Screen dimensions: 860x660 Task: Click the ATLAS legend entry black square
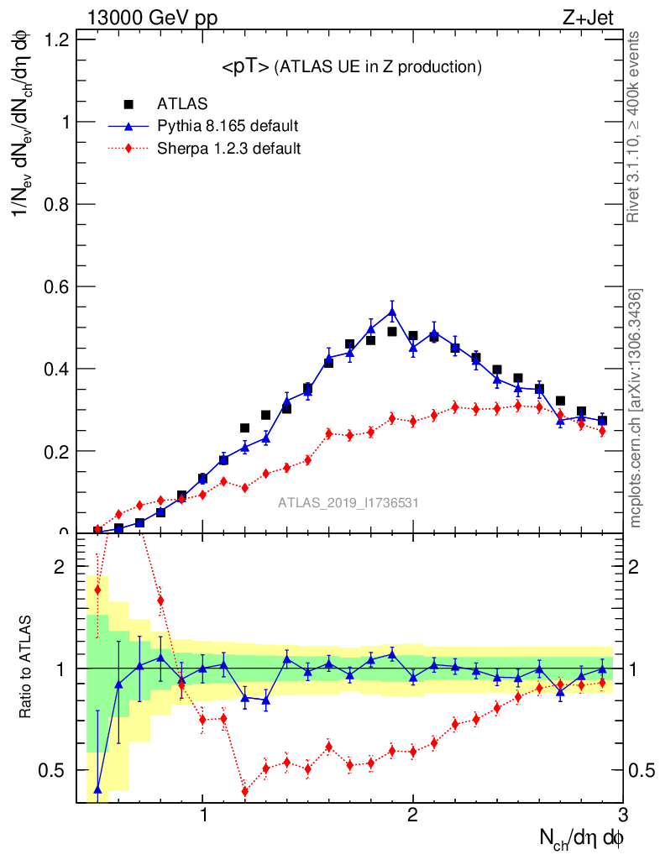[x=128, y=104]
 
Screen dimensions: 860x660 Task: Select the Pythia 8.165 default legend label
[x=228, y=127]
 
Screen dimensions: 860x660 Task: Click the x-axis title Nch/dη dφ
[x=582, y=838]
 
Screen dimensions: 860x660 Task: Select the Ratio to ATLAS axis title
[x=26, y=667]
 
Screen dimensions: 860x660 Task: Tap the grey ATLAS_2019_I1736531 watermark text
[x=348, y=503]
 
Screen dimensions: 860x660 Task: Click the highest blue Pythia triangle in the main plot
[x=392, y=312]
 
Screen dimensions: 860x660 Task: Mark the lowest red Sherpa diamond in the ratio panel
[x=245, y=791]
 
